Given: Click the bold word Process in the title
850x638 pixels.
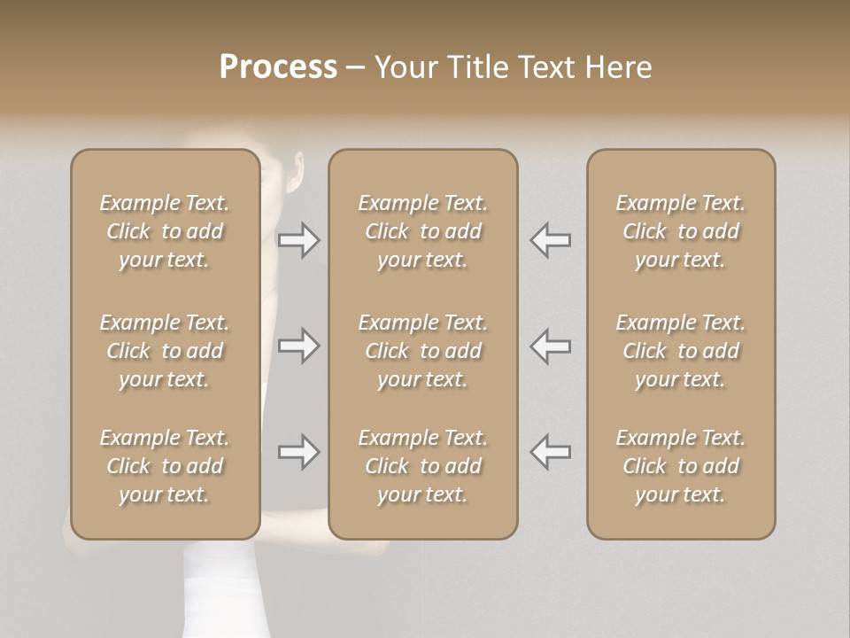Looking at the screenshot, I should [278, 66].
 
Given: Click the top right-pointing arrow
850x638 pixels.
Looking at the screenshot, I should [299, 239].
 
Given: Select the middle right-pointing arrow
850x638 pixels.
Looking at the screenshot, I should [299, 346].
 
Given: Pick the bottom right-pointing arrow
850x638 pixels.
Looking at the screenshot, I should [299, 452].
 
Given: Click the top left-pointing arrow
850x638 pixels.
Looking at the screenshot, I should [550, 239].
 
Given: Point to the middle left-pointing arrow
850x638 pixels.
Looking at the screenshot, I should [550, 346].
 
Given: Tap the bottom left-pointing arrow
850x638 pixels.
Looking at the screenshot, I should [550, 452].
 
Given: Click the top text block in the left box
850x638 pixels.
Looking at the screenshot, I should [165, 231].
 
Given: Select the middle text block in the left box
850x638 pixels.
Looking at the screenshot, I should [165, 351].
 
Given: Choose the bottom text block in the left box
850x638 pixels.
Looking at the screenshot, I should [165, 466].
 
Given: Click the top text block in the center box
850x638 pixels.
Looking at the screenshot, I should [423, 231].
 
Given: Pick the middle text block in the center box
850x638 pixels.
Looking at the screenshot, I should [423, 351].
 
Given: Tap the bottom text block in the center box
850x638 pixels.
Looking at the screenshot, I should [423, 466].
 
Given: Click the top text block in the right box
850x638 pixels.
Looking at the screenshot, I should [681, 231].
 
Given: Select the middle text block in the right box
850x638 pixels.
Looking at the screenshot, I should [681, 351].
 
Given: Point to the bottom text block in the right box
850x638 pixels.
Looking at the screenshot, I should [681, 466].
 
